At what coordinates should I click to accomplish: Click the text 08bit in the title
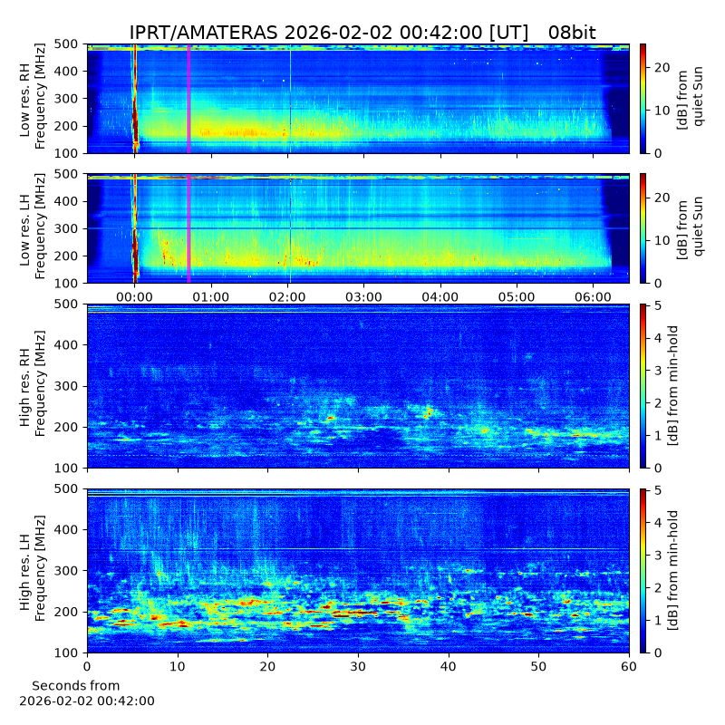pyautogui.click(x=572, y=33)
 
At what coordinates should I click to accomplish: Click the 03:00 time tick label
pyautogui.click(x=364, y=297)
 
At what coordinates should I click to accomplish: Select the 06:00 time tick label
pyautogui.click(x=594, y=297)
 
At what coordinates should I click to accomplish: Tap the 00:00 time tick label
pyautogui.click(x=134, y=297)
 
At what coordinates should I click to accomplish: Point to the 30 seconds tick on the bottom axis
pyautogui.click(x=358, y=667)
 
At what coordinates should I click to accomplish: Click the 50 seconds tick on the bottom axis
pyautogui.click(x=538, y=667)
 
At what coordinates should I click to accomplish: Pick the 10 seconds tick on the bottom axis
pyautogui.click(x=178, y=667)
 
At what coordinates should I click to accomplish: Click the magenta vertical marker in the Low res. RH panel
pyautogui.click(x=188, y=99)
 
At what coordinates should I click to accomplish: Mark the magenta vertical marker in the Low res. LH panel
pyautogui.click(x=188, y=229)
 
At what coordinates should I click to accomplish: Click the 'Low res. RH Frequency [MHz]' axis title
pyautogui.click(x=33, y=99)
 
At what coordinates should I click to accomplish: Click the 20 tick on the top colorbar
pyautogui.click(x=662, y=67)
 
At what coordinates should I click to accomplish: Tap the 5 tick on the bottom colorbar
pyautogui.click(x=658, y=490)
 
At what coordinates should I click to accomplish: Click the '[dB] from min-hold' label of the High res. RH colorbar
pyautogui.click(x=673, y=386)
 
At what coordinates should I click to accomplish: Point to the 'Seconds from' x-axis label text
pyautogui.click(x=76, y=686)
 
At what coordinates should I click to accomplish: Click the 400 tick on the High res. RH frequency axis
pyautogui.click(x=65, y=345)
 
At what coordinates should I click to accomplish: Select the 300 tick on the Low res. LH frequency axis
pyautogui.click(x=65, y=229)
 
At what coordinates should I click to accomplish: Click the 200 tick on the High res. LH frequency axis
pyautogui.click(x=65, y=612)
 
